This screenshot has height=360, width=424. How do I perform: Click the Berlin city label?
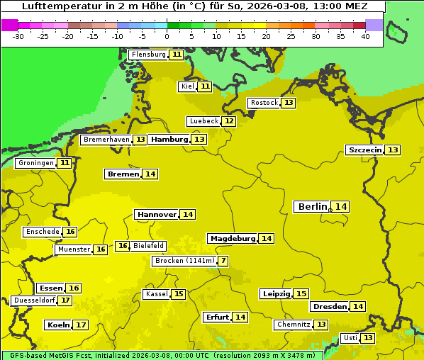(312, 207)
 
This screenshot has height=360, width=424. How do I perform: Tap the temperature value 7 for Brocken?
(223, 261)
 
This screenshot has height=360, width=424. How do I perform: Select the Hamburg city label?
(169, 140)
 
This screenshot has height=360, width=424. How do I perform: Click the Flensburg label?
(148, 55)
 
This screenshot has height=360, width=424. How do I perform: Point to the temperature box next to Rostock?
(288, 103)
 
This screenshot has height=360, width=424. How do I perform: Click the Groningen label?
(35, 163)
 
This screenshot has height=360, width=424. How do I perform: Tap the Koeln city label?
(58, 325)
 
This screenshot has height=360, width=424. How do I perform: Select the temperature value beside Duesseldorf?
(65, 300)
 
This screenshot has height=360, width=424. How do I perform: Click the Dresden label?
(330, 307)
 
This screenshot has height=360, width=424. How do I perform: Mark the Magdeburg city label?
(232, 239)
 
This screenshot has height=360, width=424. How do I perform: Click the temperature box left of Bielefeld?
(123, 246)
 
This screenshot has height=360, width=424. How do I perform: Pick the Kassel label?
(156, 294)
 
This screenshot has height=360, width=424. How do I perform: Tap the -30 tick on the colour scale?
(18, 35)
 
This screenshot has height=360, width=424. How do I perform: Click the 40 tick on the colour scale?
(365, 35)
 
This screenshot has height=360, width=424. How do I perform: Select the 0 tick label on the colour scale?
(167, 35)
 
